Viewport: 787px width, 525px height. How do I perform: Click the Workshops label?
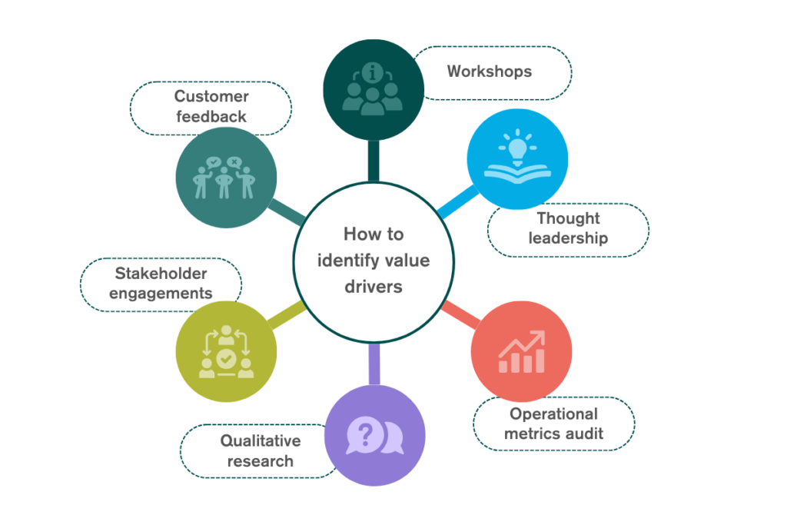[x=490, y=71]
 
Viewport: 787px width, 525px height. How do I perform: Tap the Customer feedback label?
[x=211, y=107]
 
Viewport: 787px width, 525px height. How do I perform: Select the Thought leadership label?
[x=568, y=228]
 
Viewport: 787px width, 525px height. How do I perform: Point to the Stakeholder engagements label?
[x=161, y=283]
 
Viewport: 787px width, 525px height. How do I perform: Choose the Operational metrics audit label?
[x=553, y=424]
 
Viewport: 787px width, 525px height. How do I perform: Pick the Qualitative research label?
[x=260, y=451]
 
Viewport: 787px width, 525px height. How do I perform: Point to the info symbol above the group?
[x=374, y=73]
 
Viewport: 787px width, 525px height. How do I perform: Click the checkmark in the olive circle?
[x=226, y=357]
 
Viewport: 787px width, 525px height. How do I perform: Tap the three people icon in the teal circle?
[x=225, y=178]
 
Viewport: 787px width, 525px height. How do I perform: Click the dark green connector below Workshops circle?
[x=374, y=160]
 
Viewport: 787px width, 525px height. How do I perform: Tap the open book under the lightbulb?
[x=517, y=170]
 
